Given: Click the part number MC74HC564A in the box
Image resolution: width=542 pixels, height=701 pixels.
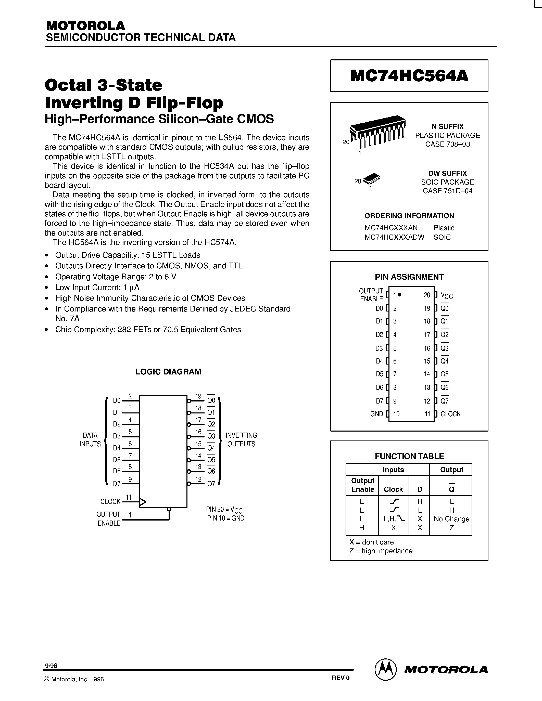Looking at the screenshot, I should pyautogui.click(x=409, y=76).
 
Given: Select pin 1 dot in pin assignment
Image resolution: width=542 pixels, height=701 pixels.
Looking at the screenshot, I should pyautogui.click(x=399, y=294).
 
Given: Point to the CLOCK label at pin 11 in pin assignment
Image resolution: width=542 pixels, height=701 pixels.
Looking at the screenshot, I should pyautogui.click(x=450, y=414).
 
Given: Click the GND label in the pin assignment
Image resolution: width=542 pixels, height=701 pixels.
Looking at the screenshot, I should pyautogui.click(x=376, y=414).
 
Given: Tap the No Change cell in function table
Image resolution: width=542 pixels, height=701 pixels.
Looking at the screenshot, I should pyautogui.click(x=451, y=519).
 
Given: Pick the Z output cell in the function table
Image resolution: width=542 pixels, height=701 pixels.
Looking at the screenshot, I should pyautogui.click(x=451, y=528).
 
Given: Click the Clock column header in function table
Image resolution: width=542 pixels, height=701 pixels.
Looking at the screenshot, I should pyautogui.click(x=393, y=489).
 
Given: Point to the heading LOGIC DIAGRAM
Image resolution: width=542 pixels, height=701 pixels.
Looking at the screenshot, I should pyautogui.click(x=168, y=372).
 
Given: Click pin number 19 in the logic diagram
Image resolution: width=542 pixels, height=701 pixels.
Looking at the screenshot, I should pyautogui.click(x=198, y=396).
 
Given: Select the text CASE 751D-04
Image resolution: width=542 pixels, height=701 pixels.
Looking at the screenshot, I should pyautogui.click(x=447, y=191).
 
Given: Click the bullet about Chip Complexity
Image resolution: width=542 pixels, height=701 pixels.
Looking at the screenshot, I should pyautogui.click(x=148, y=330).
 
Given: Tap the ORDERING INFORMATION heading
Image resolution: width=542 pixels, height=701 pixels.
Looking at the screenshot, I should pyautogui.click(x=409, y=216).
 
